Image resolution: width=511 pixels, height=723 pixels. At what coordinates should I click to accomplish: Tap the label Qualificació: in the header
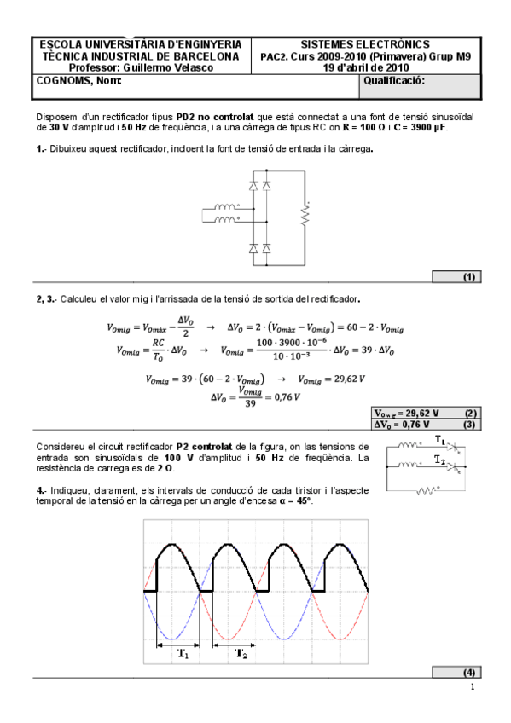click(394, 81)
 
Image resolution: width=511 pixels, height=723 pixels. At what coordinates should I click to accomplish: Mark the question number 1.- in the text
click(40, 148)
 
